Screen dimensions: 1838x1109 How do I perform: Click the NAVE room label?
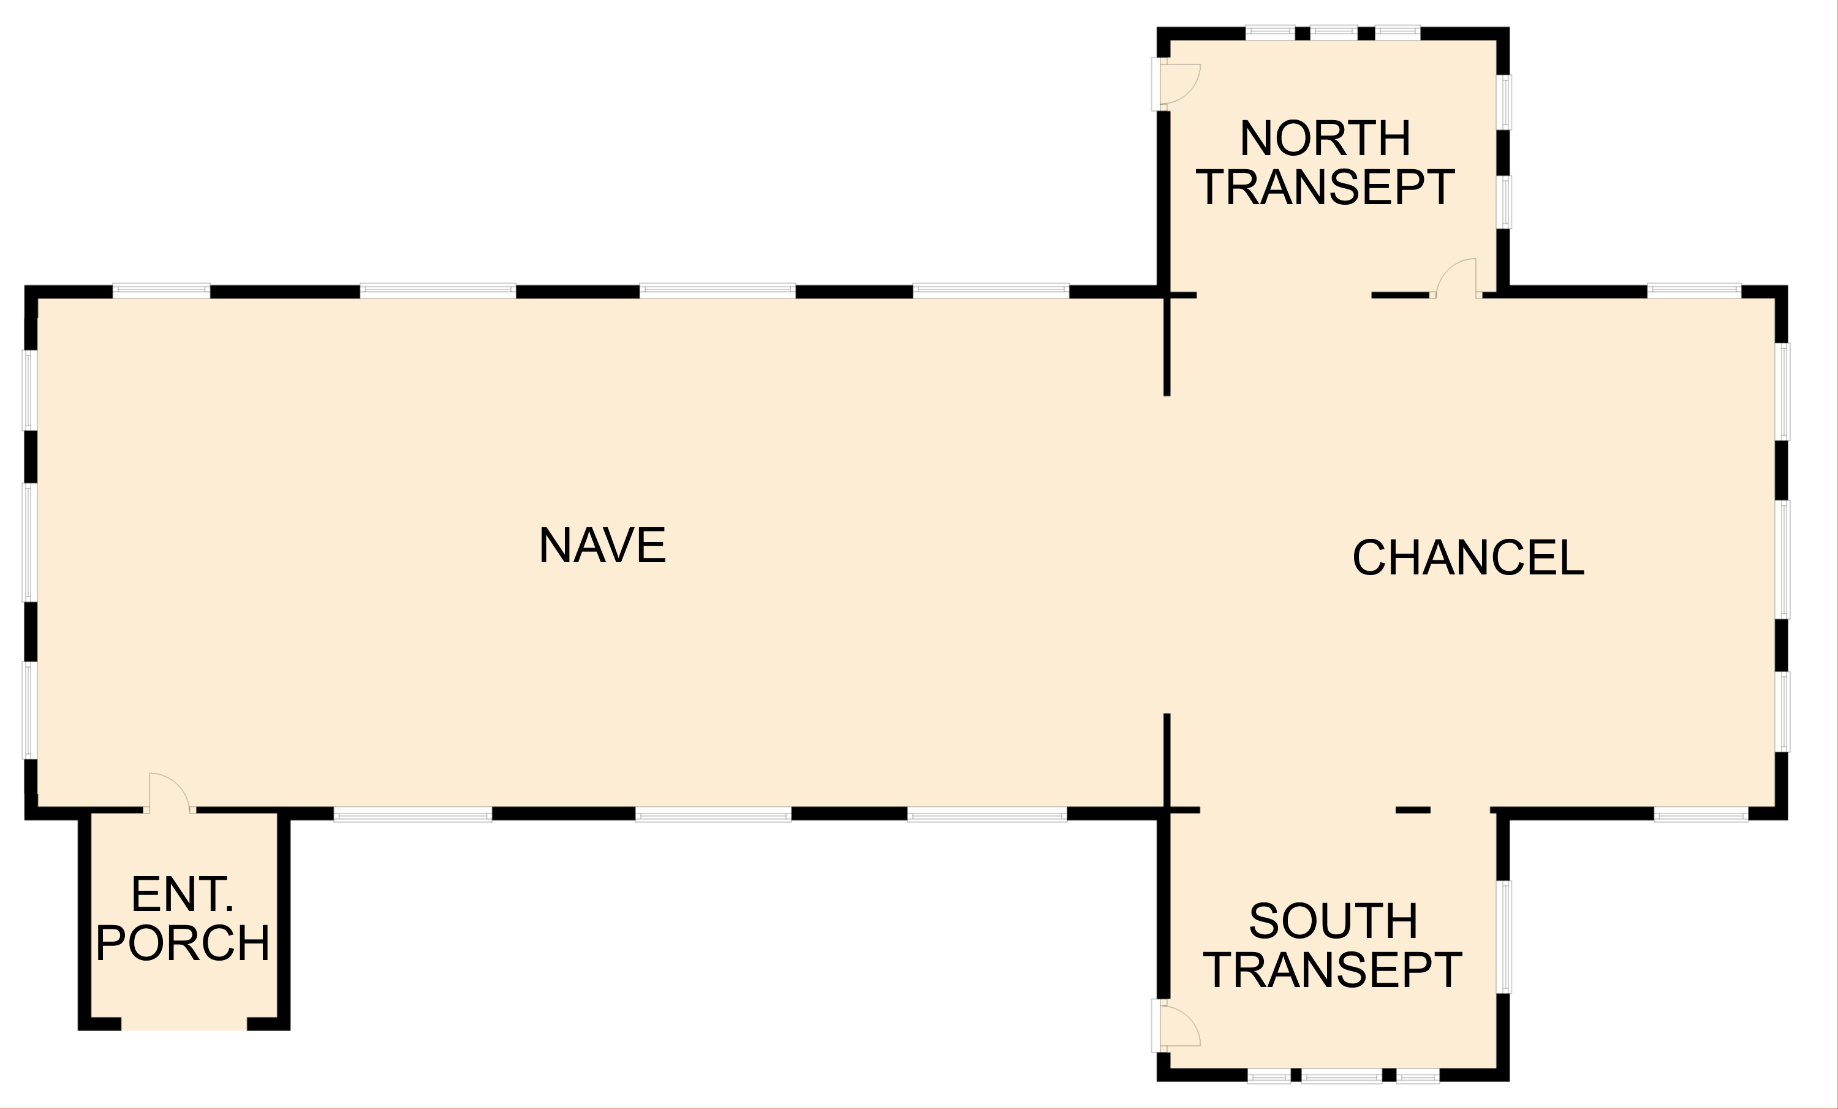[602, 546]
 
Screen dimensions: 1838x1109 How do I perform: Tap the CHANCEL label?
[1468, 557]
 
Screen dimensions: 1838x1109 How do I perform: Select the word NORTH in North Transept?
[1325, 138]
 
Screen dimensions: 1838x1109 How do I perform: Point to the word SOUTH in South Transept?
[1333, 921]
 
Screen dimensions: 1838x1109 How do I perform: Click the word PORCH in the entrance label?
[183, 943]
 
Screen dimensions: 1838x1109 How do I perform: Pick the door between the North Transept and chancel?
[1455, 278]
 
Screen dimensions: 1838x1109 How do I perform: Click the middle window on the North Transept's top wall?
[1334, 33]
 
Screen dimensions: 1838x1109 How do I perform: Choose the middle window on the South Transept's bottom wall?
[1341, 1075]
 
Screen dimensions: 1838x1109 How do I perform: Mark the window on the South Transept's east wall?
[1504, 937]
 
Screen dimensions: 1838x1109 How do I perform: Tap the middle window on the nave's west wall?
[31, 543]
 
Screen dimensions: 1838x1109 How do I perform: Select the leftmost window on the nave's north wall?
[161, 291]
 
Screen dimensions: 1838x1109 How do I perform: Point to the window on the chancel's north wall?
[1694, 291]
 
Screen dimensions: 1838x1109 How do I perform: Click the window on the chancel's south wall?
[1701, 814]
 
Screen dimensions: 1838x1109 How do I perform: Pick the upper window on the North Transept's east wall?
[1504, 102]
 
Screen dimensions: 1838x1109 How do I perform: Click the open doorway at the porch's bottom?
[184, 1024]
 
